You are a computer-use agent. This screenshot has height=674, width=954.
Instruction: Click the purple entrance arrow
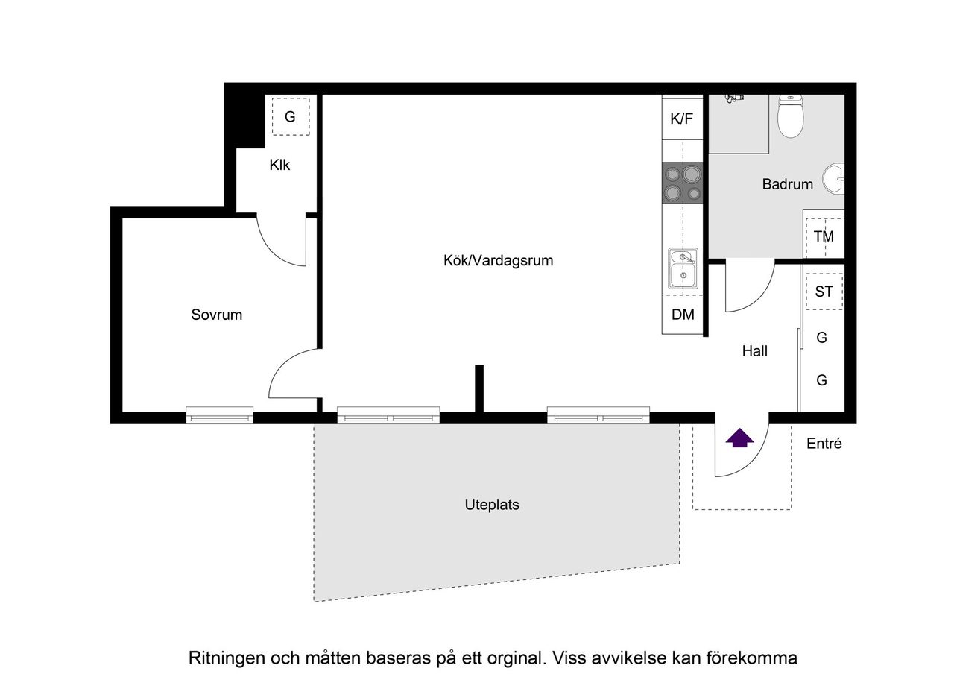739,438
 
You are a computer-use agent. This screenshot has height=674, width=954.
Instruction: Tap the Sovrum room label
216,315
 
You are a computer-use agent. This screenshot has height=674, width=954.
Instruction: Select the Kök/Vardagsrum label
498,261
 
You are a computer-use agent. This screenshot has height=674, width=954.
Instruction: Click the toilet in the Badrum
790,117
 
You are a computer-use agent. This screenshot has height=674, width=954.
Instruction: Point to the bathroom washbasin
834,179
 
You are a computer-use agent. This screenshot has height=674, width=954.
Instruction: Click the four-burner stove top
683,183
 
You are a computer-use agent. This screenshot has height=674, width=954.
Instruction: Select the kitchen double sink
682,268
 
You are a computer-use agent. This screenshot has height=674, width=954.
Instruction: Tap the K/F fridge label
682,118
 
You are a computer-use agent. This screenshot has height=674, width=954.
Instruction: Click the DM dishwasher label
683,315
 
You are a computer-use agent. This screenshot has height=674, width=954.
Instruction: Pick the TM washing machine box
824,237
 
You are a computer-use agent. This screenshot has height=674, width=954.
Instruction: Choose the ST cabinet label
824,292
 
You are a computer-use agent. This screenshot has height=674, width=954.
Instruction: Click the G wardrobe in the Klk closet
290,117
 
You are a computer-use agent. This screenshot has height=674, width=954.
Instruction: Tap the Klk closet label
279,166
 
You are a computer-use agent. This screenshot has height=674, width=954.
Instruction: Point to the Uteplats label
491,505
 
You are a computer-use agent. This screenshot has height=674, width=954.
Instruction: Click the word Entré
824,444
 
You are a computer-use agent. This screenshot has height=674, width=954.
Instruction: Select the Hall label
754,350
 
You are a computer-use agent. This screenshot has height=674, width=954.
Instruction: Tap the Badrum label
787,184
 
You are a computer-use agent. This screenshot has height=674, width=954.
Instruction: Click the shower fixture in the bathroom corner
734,98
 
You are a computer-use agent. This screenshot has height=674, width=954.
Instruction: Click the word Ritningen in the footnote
221,658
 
